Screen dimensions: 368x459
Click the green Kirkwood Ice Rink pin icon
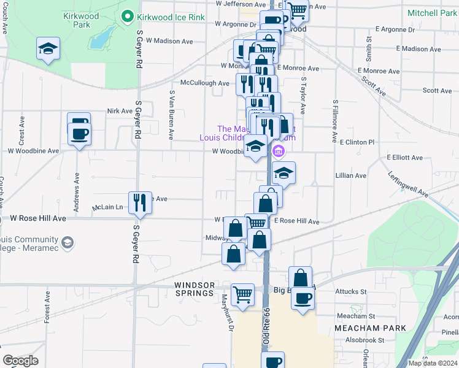coord(128,17)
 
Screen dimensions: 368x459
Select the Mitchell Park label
coord(432,12)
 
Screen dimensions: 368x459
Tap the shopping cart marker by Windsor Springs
coord(242,294)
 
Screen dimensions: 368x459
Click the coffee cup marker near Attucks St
coord(303,299)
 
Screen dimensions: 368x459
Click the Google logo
coord(20,361)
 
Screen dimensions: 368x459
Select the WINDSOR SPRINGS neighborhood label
coord(195,285)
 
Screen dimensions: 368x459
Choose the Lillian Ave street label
coord(351,175)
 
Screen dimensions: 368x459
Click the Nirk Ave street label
coord(120,111)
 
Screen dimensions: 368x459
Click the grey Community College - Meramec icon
coord(67,243)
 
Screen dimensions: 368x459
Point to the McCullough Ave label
coord(204,83)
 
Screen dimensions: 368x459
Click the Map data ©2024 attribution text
coord(433,363)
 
